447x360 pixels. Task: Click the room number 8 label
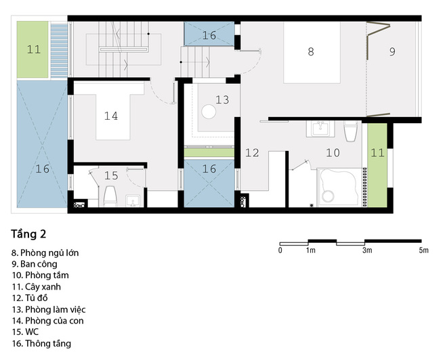311,51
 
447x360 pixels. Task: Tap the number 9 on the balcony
392,51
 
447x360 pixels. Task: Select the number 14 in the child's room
111,116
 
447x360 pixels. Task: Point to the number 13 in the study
222,99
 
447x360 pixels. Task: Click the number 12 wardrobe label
253,153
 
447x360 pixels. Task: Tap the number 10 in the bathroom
333,153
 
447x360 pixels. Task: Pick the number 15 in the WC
111,176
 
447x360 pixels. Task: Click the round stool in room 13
209,112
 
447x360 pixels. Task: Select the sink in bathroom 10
321,129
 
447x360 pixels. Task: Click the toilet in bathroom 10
350,131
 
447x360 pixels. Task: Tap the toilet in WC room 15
110,196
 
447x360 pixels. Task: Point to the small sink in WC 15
133,201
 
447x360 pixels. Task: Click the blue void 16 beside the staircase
209,34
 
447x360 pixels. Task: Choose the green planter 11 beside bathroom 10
377,165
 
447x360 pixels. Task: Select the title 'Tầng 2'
28,234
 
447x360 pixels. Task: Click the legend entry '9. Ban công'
35,264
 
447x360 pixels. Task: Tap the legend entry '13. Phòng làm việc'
49,310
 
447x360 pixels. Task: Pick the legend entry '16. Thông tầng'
41,344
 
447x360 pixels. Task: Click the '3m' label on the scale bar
367,250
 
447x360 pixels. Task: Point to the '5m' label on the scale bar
423,250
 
